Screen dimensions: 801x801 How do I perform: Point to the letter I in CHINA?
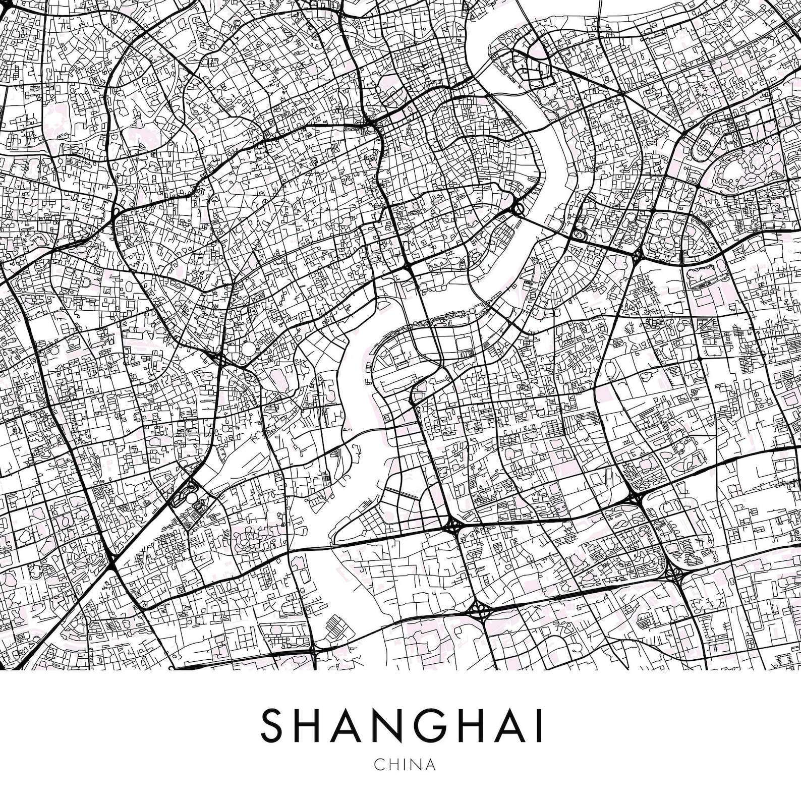pyautogui.click(x=404, y=778)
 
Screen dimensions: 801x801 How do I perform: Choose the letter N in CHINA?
pyautogui.click(x=415, y=778)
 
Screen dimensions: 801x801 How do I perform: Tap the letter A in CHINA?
pyautogui.click(x=429, y=778)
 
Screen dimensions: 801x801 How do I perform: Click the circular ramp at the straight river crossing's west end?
pyautogui.click(x=519, y=208)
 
